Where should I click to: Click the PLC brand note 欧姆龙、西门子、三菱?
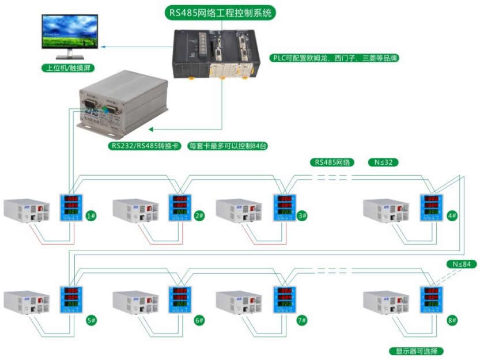tap(335, 58)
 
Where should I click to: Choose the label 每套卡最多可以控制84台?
tap(229, 146)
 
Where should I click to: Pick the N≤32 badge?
tap(383, 162)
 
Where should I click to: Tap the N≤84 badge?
tap(462, 264)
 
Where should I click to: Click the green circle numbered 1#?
tap(90, 216)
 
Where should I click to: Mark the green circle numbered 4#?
tap(452, 216)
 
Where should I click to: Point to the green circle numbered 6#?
tap(199, 320)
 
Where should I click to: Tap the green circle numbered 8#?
tap(452, 320)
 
